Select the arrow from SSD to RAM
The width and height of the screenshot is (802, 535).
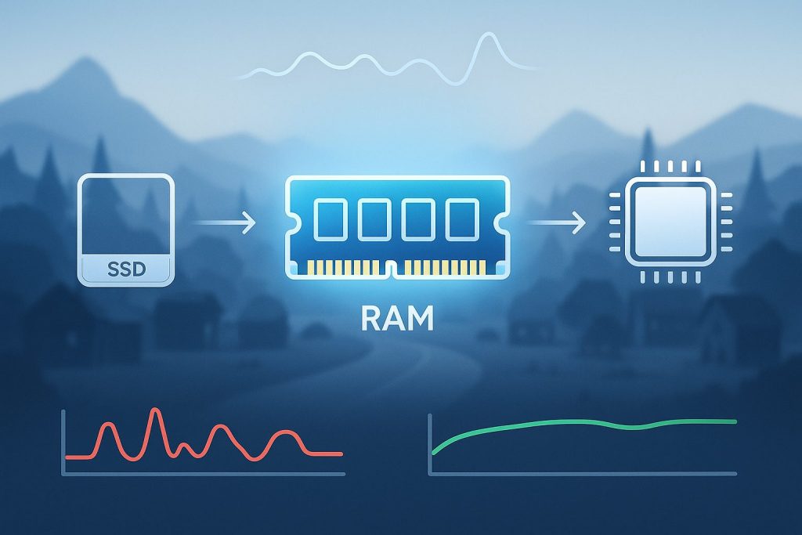click(224, 225)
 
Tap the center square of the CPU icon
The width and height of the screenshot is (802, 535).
click(666, 222)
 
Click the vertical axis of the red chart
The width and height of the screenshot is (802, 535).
click(63, 443)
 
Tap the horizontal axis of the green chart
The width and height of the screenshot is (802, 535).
click(583, 473)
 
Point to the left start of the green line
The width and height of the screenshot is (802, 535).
click(433, 454)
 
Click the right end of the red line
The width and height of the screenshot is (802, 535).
click(341, 454)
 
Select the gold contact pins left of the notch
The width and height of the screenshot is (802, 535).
click(340, 266)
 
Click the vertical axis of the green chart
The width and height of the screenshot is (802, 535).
click(429, 443)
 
